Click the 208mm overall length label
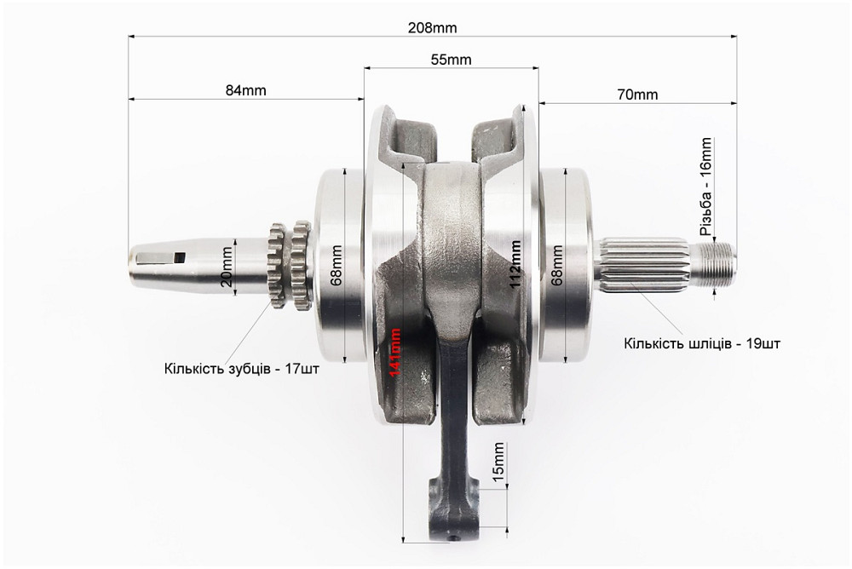[x=432, y=28]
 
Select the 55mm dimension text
[x=451, y=60]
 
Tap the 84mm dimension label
[x=246, y=89]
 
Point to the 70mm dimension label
[x=637, y=95]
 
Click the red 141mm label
[x=395, y=352]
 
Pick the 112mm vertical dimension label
[x=515, y=264]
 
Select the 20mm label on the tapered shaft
[x=227, y=267]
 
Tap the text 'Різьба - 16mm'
[x=705, y=186]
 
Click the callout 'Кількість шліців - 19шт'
[x=702, y=343]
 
